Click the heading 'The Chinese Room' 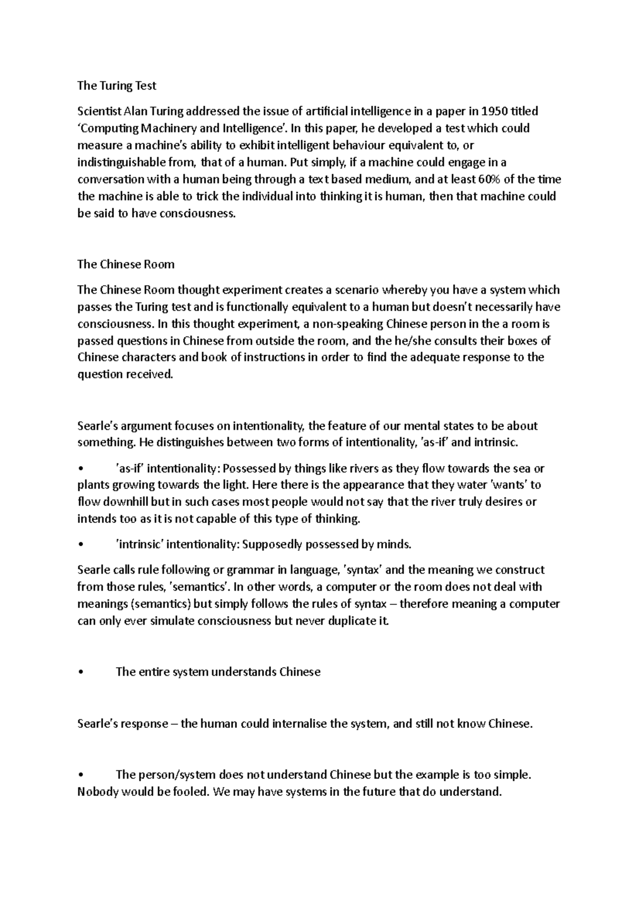point(126,264)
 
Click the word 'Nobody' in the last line point(98,792)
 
